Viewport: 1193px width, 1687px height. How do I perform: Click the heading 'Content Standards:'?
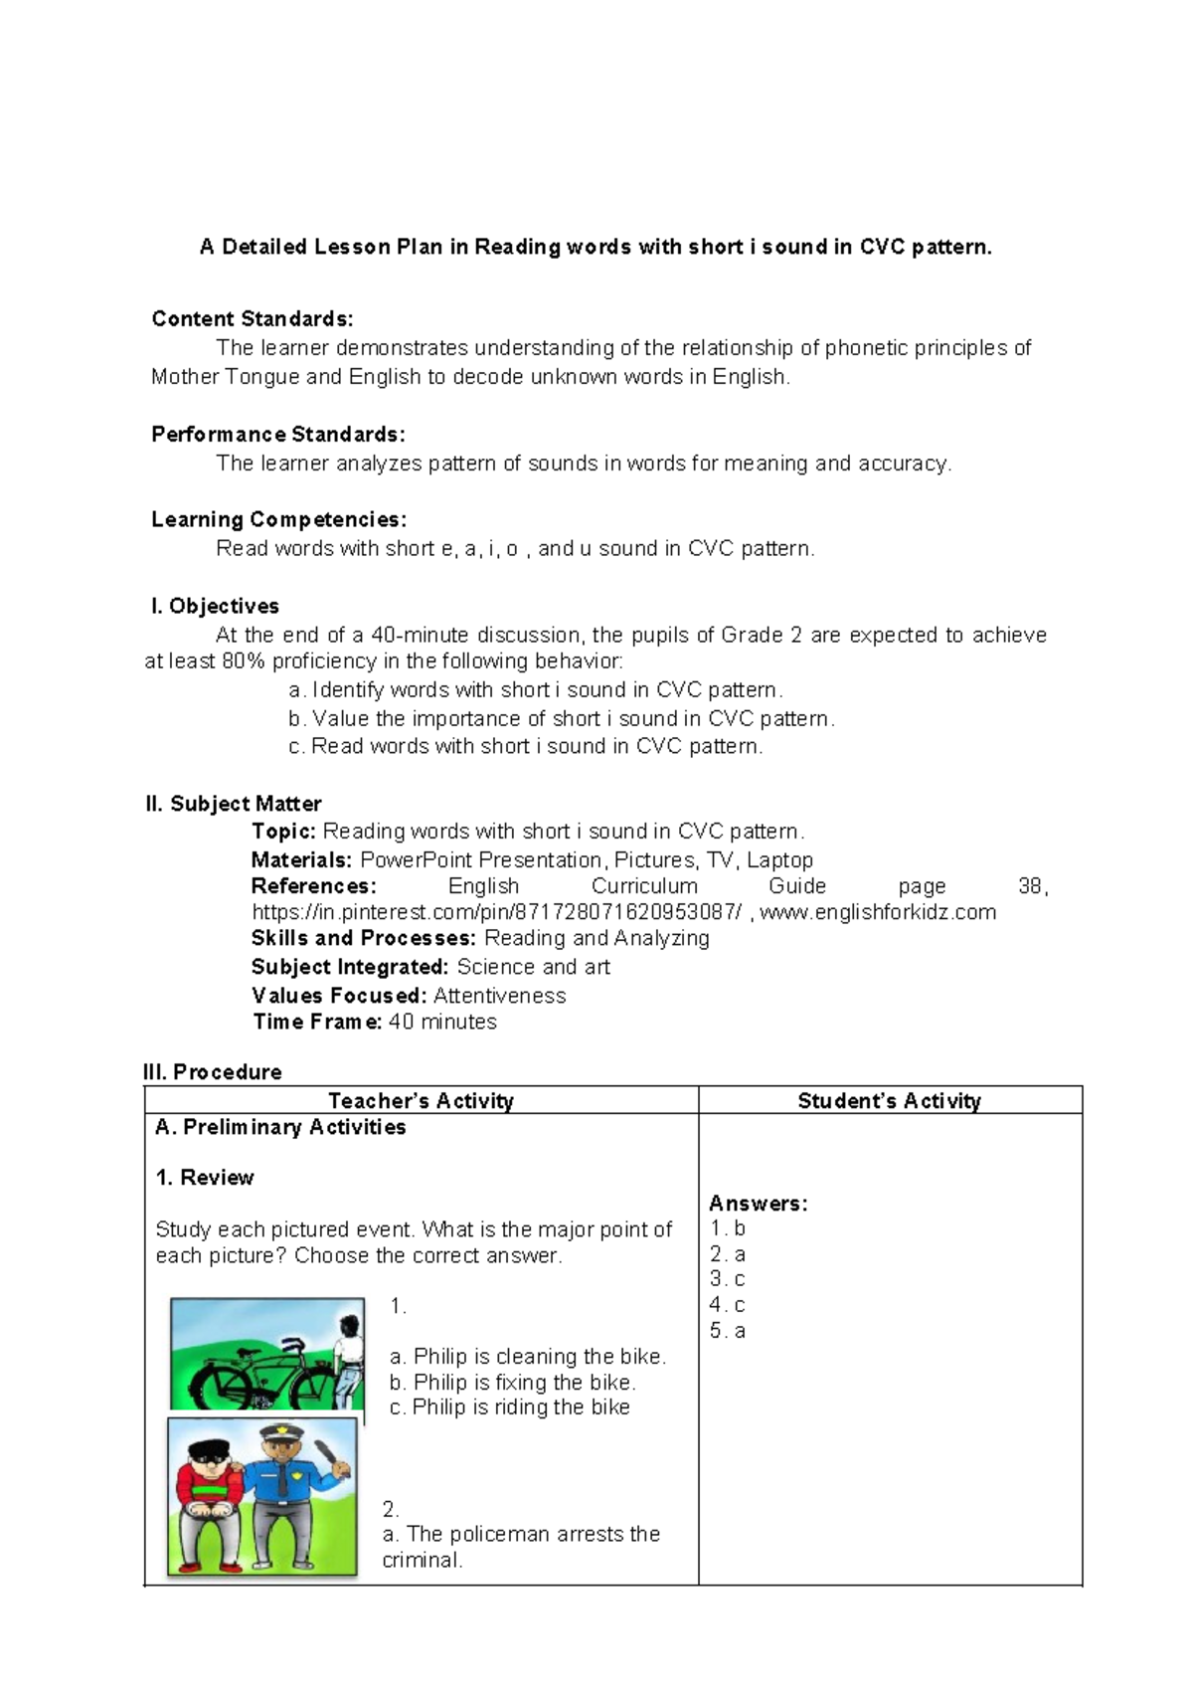[x=252, y=319]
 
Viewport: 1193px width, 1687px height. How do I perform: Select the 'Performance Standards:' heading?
[x=277, y=435]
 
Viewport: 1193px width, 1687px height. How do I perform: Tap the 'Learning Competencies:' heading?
[x=278, y=520]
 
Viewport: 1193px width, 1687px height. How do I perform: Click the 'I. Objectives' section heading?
[x=215, y=607]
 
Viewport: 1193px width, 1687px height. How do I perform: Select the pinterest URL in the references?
[x=496, y=913]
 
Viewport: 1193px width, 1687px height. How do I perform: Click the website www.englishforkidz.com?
[x=877, y=913]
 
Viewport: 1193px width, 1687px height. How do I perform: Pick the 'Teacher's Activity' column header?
[x=421, y=1101]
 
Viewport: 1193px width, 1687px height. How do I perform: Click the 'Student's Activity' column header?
[x=889, y=1101]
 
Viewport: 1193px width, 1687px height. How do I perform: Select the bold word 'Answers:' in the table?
[x=758, y=1204]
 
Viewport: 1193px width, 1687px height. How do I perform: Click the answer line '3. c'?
[x=727, y=1280]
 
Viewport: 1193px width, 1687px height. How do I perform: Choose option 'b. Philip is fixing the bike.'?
[x=512, y=1383]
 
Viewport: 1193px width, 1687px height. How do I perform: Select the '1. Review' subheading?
[x=205, y=1178]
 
